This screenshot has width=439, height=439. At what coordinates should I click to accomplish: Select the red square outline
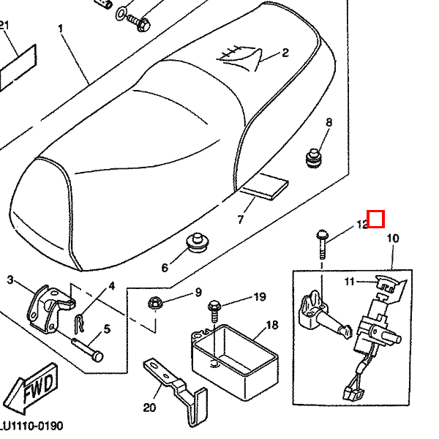pyautogui.click(x=375, y=218)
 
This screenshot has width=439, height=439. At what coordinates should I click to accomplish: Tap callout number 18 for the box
pyautogui.click(x=272, y=325)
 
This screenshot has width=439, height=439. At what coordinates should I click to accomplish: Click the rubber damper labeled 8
pyautogui.click(x=315, y=157)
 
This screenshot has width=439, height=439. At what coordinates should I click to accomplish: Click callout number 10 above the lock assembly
pyautogui.click(x=393, y=239)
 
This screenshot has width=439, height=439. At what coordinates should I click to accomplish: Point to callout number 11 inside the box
pyautogui.click(x=349, y=281)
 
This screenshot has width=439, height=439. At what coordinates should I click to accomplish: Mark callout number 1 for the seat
pyautogui.click(x=60, y=29)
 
